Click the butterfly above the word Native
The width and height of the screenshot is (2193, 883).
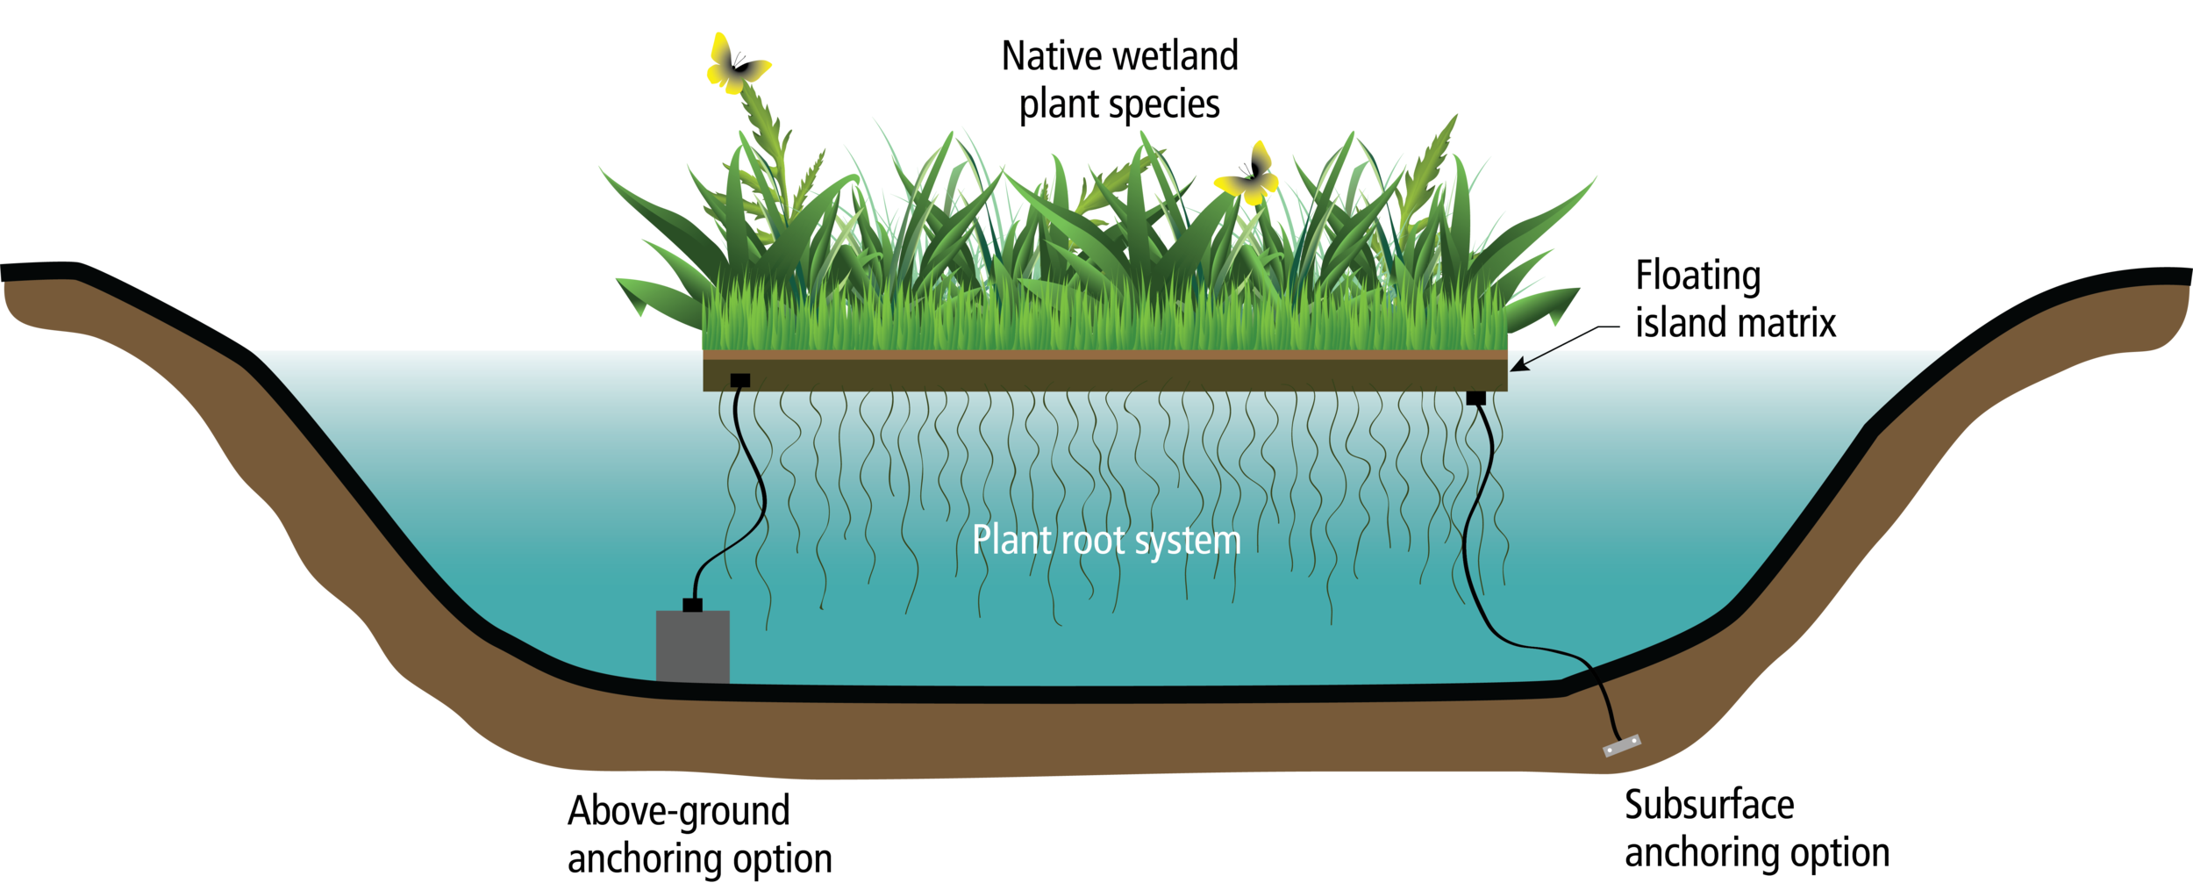coord(737,64)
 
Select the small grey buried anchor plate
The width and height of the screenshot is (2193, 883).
coord(1621,746)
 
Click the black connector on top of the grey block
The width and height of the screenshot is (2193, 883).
coord(692,605)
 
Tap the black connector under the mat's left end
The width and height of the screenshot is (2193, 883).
coord(740,380)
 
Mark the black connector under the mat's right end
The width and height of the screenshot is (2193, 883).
coord(1476,398)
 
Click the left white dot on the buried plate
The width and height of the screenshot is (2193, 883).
coord(1611,750)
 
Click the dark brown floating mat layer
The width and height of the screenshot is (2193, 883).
coord(1105,375)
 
